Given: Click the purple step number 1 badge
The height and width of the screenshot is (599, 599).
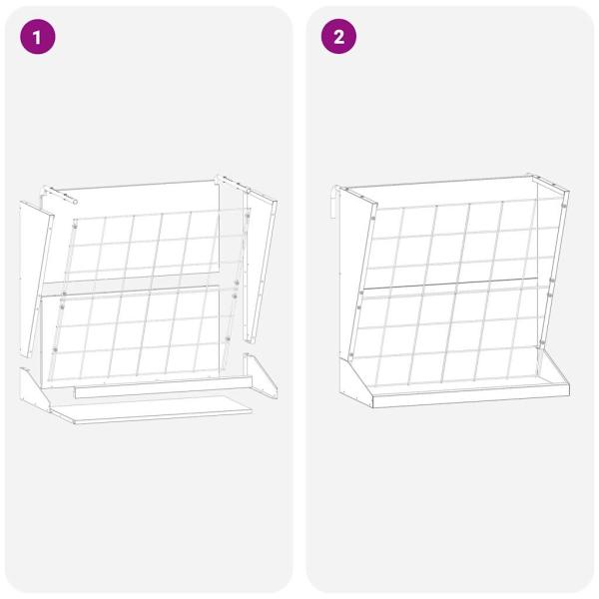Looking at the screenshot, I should tap(39, 38).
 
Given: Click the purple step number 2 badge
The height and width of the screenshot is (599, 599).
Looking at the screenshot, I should tap(338, 38).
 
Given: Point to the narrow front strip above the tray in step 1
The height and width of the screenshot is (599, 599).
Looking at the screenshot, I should tap(160, 390).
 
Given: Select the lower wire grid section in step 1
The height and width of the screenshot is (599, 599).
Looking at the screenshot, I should tap(140, 334).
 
